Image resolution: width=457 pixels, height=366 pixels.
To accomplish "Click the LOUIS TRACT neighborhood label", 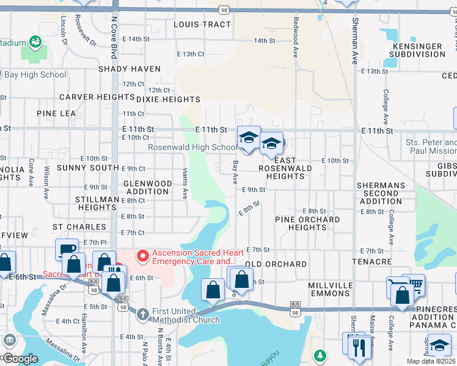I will tap(202, 24).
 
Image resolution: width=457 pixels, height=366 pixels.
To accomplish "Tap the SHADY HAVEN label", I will tap(130, 70).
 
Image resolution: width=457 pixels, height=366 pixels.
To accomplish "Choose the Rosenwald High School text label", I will tap(192, 147).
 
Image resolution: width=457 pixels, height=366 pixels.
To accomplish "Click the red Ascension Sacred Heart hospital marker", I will tap(142, 254).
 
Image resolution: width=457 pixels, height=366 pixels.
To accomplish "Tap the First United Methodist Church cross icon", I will tap(142, 315).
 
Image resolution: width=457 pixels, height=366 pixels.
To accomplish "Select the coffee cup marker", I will tap(67, 249).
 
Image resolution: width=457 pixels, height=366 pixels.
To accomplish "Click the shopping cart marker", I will tap(414, 284).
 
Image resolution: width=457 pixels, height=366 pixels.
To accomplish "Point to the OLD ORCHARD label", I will tap(276, 264).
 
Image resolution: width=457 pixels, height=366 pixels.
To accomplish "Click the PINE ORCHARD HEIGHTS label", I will tap(307, 223).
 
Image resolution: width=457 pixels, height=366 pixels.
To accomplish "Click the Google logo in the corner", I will tap(20, 359).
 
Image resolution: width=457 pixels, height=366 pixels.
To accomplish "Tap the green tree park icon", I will tap(320, 355).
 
